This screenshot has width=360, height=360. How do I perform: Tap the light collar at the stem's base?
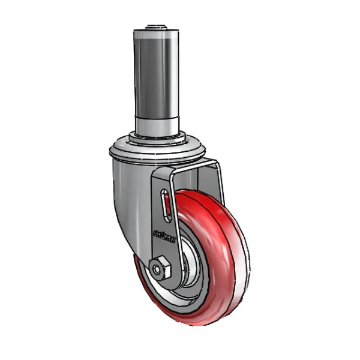coord(157,125)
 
